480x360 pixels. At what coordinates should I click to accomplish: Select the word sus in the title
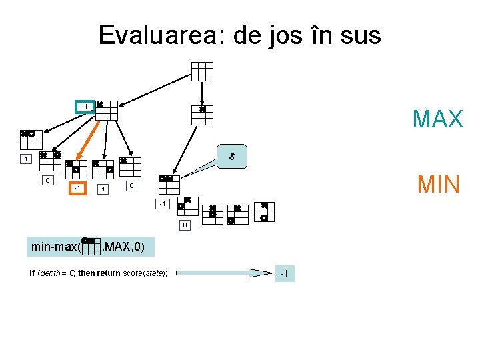pyautogui.click(x=358, y=35)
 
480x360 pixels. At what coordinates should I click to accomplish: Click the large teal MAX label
pyautogui.click(x=437, y=119)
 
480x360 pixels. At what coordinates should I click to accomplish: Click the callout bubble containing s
pyautogui.click(x=231, y=157)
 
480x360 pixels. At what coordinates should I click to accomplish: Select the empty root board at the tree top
pyautogui.click(x=202, y=71)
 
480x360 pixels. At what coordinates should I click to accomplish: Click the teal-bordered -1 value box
pyautogui.click(x=84, y=107)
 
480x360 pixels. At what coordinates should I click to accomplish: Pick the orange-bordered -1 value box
pyautogui.click(x=78, y=189)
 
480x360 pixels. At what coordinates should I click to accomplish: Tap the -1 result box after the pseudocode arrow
pyautogui.click(x=284, y=273)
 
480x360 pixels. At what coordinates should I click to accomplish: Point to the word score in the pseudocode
pyautogui.click(x=131, y=273)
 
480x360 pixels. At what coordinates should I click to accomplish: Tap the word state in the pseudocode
pyautogui.click(x=153, y=273)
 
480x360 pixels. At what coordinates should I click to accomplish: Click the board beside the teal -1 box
pyautogui.click(x=106, y=111)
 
